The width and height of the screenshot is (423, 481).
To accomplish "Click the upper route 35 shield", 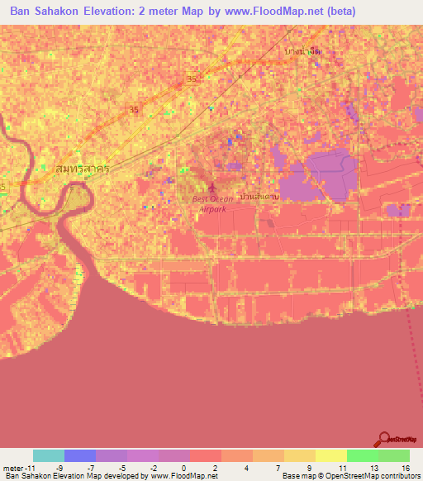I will pyautogui.click(x=192, y=79).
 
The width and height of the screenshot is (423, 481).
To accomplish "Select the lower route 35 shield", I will pyautogui.click(x=135, y=109).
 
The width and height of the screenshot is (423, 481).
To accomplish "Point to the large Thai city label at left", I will pyautogui.click(x=82, y=168).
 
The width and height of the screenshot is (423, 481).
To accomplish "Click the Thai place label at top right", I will pyautogui.click(x=302, y=51).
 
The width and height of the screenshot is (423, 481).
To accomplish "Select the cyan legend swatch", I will pyautogui.click(x=49, y=455).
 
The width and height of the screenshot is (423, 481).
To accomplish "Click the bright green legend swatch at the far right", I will pyautogui.click(x=393, y=455).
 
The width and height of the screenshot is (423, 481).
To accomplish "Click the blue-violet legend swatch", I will pyautogui.click(x=80, y=455).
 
